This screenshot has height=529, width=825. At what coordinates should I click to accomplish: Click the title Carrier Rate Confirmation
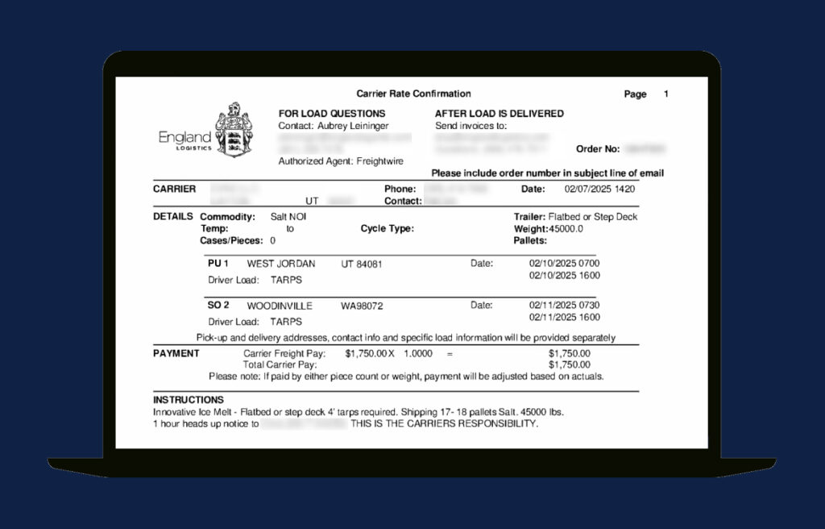[x=413, y=94]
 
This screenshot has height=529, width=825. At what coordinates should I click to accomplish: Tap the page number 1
[x=666, y=94]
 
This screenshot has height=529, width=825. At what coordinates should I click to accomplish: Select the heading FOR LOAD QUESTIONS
[x=332, y=114]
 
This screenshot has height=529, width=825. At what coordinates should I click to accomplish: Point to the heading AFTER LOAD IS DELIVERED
[x=500, y=114]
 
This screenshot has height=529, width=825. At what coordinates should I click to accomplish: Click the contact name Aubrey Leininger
[x=352, y=126]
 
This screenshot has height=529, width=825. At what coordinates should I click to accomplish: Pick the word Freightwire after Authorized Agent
[x=381, y=161]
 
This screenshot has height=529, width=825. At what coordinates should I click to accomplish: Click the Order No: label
[x=598, y=149]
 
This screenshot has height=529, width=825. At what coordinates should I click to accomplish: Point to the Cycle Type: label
[x=387, y=229]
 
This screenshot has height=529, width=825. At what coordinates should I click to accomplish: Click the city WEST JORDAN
[x=280, y=264]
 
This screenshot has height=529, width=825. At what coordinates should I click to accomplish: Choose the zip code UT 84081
[x=361, y=264]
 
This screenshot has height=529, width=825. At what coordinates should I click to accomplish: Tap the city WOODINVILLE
[x=280, y=306]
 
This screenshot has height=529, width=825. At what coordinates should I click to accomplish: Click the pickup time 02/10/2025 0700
[x=564, y=264]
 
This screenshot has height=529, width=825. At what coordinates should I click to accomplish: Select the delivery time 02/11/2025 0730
[x=564, y=306]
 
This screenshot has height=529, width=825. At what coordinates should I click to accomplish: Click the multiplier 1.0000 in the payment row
[x=417, y=353]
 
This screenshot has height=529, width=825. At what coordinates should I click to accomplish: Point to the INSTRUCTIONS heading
[x=189, y=400]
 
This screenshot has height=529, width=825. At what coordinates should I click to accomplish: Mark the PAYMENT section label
[x=176, y=353]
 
